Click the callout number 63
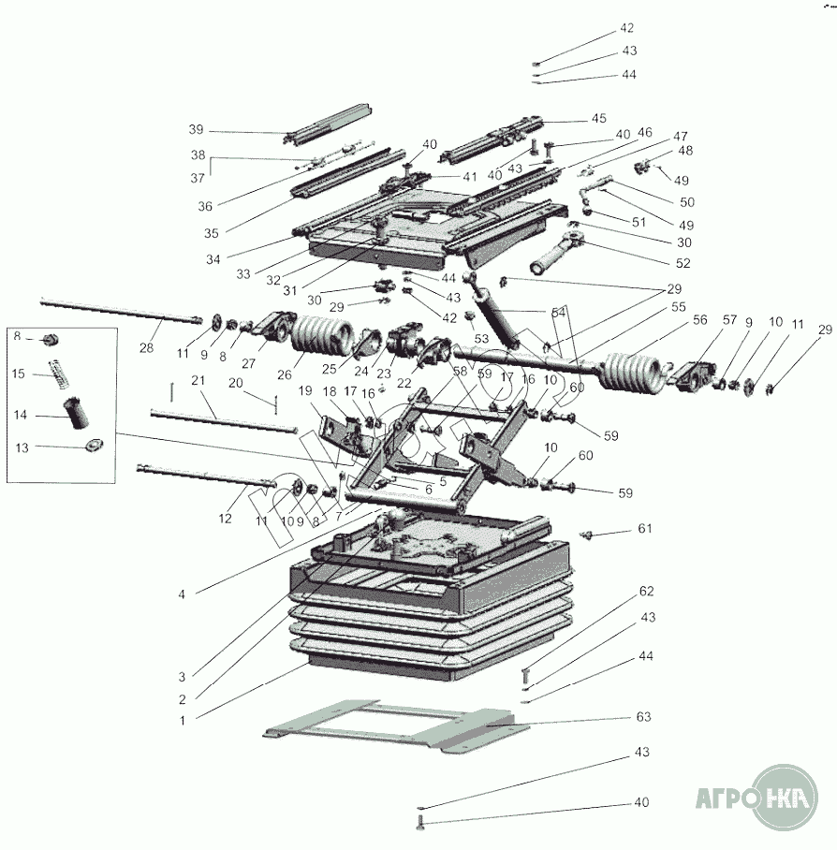tap(643, 717)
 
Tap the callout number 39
tap(195, 129)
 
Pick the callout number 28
tap(146, 348)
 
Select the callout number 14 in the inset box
tap(20, 413)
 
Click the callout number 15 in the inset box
tap(20, 374)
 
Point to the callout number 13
tap(20, 447)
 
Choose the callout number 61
tap(644, 529)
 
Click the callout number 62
tap(646, 591)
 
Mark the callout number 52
tap(683, 263)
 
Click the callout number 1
tap(183, 721)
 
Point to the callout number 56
tap(699, 319)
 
